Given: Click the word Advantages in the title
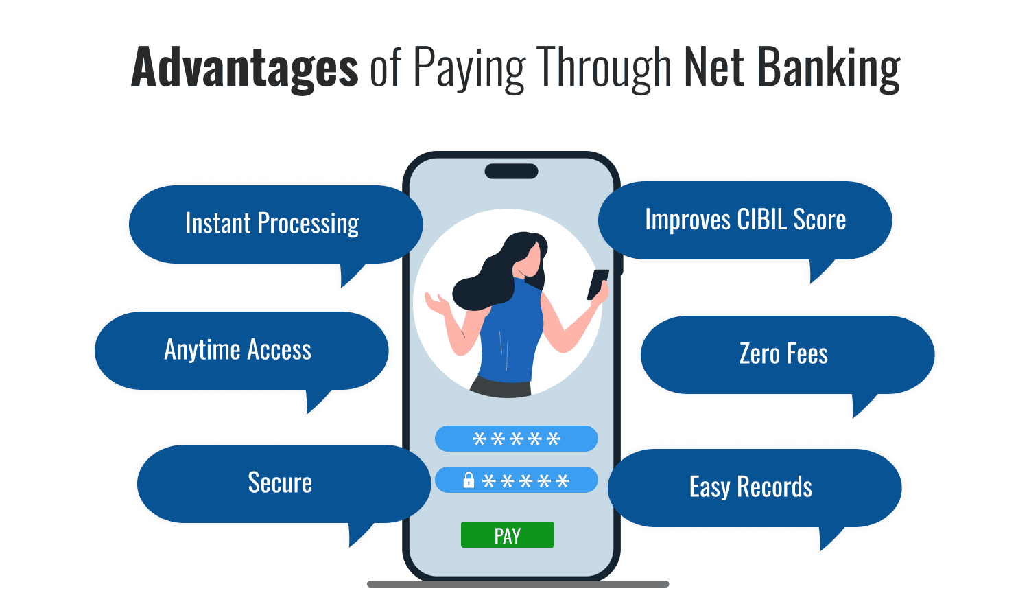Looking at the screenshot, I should click(244, 67).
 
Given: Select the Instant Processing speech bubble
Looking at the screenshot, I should click(272, 224).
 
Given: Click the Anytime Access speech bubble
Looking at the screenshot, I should click(238, 351).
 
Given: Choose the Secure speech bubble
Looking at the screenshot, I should click(280, 484).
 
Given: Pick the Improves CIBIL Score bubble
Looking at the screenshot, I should click(745, 220).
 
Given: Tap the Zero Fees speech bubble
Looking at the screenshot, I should click(784, 355).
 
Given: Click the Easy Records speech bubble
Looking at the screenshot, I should click(751, 488).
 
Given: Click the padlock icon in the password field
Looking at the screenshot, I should click(469, 480).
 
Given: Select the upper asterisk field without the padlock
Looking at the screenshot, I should click(516, 439).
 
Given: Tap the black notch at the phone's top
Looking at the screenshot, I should click(511, 171).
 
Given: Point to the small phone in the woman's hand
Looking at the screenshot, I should click(598, 283).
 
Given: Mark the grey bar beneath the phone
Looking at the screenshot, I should click(518, 584).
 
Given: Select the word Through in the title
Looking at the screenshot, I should click(604, 67).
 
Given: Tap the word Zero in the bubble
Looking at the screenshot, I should click(759, 355).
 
